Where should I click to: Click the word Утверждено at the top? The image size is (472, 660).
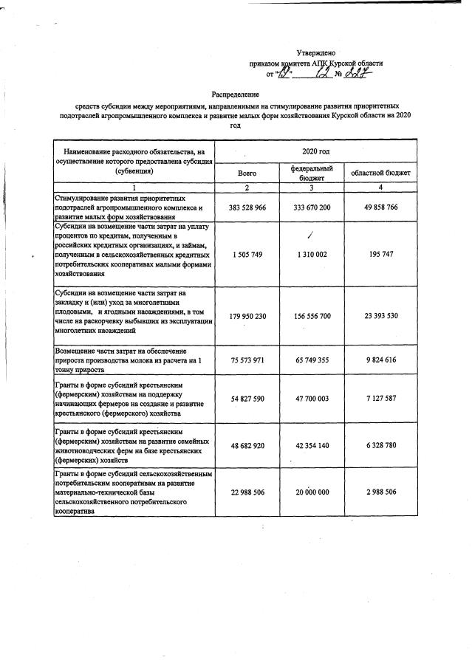[x=315, y=53]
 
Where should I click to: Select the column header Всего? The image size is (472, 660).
[x=247, y=173]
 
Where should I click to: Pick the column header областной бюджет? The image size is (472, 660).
[x=380, y=173]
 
